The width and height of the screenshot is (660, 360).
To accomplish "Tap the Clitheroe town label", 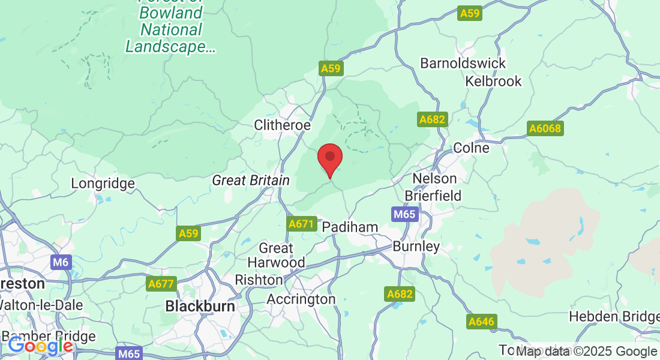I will [283, 125].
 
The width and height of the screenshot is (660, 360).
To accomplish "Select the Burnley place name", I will [416, 246].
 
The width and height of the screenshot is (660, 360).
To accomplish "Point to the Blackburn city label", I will [200, 306].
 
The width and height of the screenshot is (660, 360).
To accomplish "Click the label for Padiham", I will [350, 227].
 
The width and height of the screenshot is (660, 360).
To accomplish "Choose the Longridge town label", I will [103, 183].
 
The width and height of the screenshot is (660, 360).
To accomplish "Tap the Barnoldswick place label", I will [463, 63].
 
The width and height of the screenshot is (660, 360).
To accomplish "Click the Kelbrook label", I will [493, 81].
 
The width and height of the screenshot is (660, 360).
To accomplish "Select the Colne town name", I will [471, 148].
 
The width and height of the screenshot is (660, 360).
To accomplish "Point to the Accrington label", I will [301, 299].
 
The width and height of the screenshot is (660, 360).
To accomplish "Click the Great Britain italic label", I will [251, 180].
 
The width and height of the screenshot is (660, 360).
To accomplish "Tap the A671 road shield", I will [301, 224].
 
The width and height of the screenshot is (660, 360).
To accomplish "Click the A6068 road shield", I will [544, 128].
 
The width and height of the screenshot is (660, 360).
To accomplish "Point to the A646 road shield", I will [481, 322].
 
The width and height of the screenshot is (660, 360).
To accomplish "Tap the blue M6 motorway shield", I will [61, 262].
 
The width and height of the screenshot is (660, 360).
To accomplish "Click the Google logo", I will [40, 346].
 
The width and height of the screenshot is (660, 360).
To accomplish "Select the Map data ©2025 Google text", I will [586, 352].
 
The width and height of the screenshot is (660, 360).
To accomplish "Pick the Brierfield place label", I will [433, 196].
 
